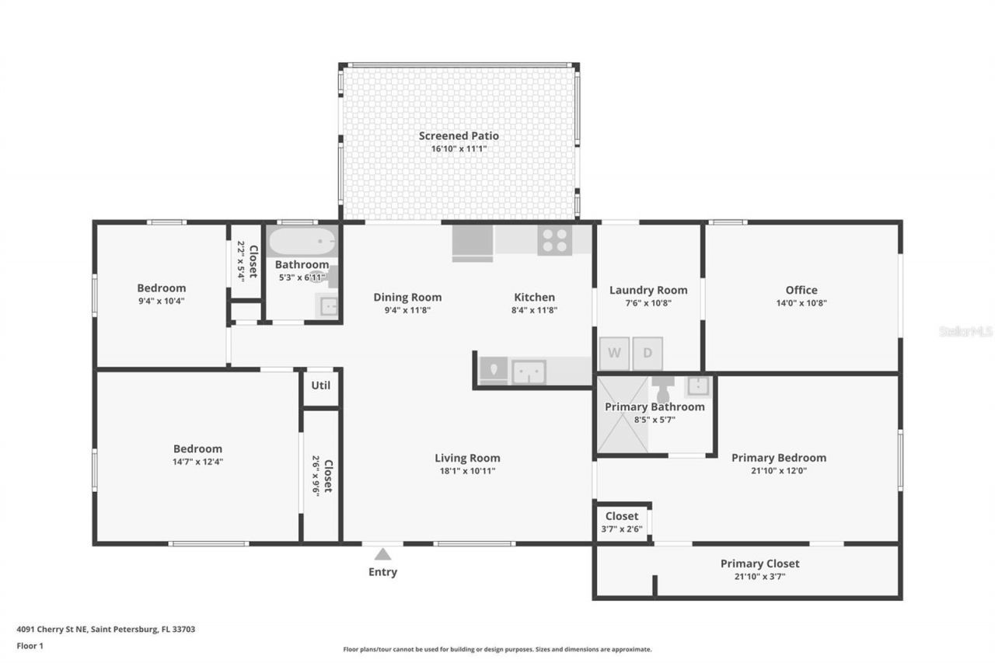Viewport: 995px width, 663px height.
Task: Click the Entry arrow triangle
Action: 382,554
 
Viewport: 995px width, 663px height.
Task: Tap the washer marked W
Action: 614,353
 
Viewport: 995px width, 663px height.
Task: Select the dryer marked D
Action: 647,353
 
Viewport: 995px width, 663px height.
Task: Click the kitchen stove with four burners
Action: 555,240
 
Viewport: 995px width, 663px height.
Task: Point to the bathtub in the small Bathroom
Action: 302,242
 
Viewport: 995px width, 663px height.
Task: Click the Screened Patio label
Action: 459,136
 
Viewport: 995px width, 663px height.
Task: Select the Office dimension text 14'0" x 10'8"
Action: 801,303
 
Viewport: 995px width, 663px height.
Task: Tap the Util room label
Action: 320,385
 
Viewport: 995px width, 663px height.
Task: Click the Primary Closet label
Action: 759,564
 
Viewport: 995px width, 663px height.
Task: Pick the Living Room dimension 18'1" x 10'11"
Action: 466,470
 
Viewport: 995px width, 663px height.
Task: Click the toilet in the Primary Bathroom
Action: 663,389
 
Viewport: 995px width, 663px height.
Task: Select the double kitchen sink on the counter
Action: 529,372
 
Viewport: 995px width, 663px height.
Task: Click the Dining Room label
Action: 407,297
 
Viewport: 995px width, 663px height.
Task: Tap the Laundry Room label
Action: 648,290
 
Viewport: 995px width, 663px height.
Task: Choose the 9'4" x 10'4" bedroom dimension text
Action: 162,301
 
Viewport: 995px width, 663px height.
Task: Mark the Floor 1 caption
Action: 30,646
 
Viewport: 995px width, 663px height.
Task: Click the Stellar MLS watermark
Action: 965,331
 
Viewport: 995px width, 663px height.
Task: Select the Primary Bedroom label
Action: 778,458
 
